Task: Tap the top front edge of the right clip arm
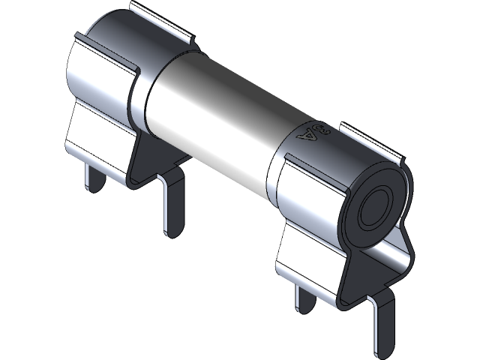click(x=311, y=159)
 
